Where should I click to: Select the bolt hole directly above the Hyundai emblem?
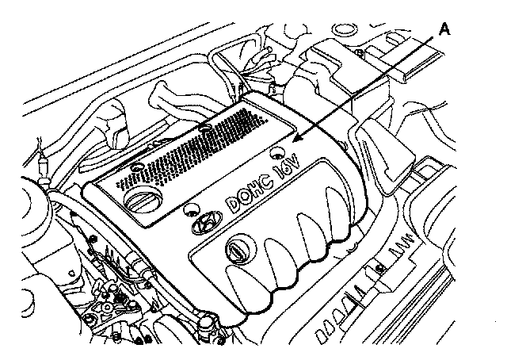click(190, 210)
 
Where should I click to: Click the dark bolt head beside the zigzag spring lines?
click(380, 266)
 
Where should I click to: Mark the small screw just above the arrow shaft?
click(360, 53)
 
